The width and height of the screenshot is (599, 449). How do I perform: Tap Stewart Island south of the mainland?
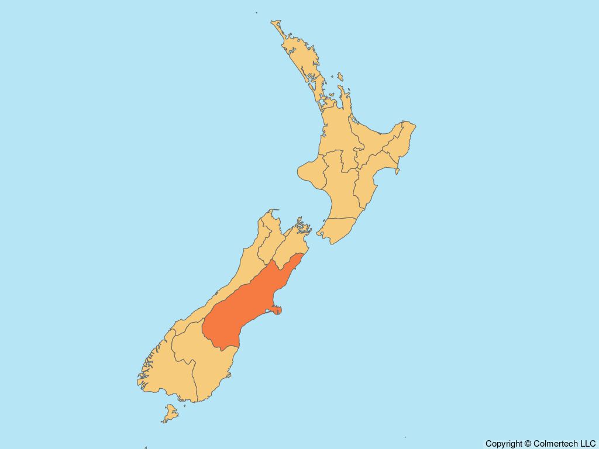[x=170, y=413]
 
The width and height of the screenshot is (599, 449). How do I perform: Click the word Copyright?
[x=504, y=444]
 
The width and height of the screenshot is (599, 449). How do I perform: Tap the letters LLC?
[x=587, y=444]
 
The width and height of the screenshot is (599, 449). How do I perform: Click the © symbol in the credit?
[x=528, y=444]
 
